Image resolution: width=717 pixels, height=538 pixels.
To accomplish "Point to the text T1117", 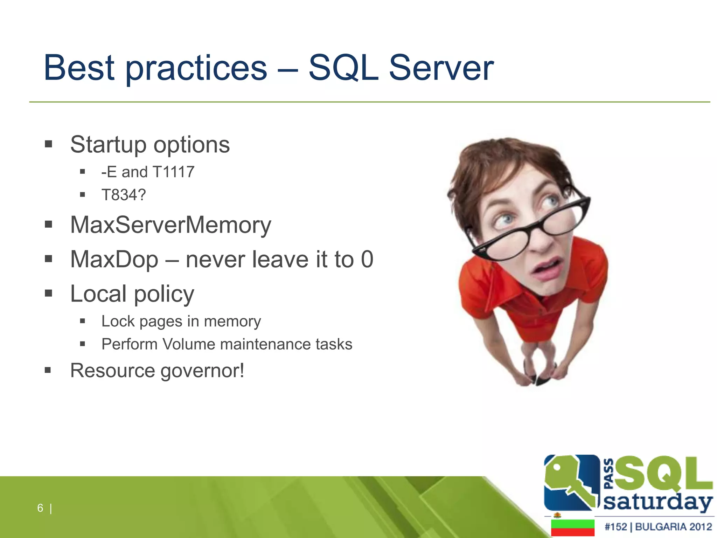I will coord(174,172).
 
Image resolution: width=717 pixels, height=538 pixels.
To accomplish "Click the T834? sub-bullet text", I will coord(123,195).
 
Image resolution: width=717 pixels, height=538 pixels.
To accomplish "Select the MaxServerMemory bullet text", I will coord(170,225).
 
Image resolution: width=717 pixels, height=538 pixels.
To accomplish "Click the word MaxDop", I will coord(114,260).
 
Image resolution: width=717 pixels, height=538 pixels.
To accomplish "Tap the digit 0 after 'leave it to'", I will coord(367,260).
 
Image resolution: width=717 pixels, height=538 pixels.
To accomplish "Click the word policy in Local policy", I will coord(164,294).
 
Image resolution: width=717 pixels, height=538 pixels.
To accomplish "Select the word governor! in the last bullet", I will coord(202,371).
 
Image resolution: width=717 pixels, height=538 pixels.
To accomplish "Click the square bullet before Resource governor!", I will coord(48,370).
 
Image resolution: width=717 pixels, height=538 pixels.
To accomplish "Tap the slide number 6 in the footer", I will coord(40,508).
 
